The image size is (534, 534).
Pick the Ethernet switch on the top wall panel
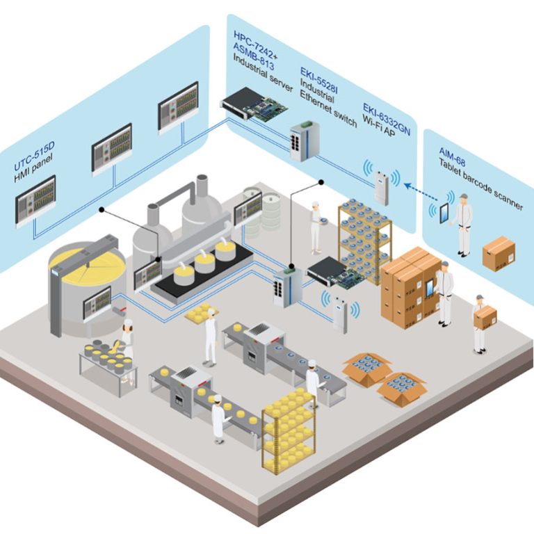pos(305,141)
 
